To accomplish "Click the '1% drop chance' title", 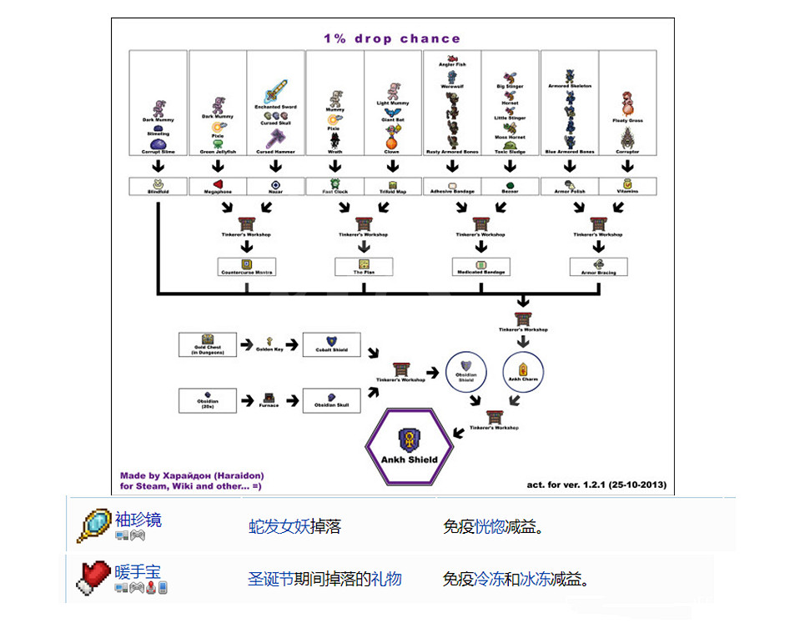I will click(391, 38).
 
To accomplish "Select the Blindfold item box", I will click(158, 186).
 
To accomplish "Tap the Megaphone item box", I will click(217, 186).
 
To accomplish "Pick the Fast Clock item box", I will click(334, 186).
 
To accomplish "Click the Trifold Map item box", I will click(392, 186).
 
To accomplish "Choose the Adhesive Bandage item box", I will click(451, 186).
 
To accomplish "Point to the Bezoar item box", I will click(510, 186).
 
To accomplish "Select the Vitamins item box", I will click(627, 186).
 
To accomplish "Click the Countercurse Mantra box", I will click(246, 267).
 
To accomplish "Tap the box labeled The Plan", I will click(364, 267).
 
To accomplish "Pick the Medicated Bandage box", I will click(481, 267).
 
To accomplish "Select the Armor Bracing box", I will click(598, 267).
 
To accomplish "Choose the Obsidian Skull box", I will click(331, 400).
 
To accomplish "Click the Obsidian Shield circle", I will click(466, 372).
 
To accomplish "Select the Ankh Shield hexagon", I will click(409, 449).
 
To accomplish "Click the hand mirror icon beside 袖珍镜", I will click(93, 525).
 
